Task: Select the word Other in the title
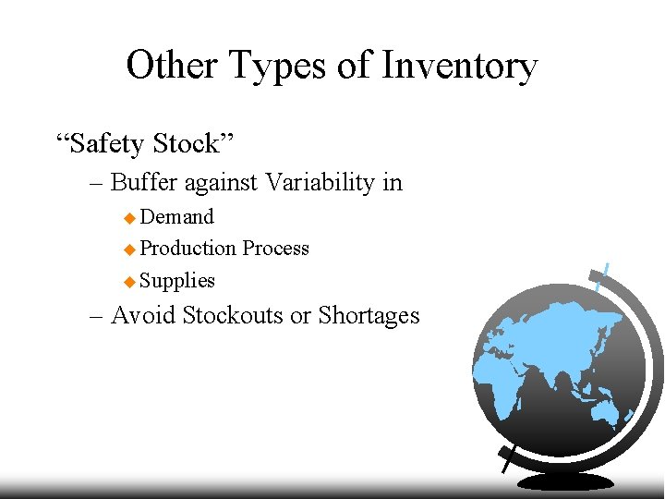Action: point(172,67)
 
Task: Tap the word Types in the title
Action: point(279,67)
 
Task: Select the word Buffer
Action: point(145,182)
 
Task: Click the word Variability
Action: point(320,182)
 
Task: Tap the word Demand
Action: point(177,217)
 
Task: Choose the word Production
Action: point(188,249)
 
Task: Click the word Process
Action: point(276,249)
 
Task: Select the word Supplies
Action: point(177,281)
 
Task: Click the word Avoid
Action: point(143,315)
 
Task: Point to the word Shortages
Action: point(369,315)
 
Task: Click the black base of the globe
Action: point(565,481)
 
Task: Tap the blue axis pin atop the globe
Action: point(602,276)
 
